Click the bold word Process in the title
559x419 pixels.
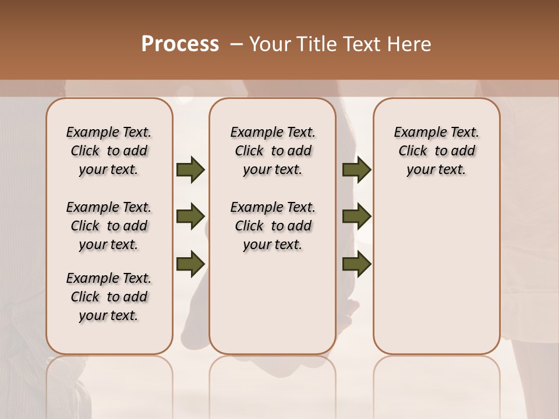pos(180,44)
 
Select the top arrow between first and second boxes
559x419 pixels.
pos(190,169)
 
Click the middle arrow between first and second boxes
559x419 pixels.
pos(190,216)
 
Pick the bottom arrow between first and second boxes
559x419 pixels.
pos(190,264)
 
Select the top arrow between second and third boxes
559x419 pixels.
pos(356,169)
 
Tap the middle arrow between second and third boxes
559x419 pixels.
pos(356,216)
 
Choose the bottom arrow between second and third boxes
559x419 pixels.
pos(356,264)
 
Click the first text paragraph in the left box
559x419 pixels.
pos(109,151)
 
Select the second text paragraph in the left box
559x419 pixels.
pos(109,226)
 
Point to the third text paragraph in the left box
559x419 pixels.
pos(109,297)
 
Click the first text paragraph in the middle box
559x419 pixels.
pos(273,151)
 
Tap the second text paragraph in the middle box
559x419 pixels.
pos(273,226)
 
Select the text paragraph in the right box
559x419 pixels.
pos(437,151)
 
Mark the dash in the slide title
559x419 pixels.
pos(236,44)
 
